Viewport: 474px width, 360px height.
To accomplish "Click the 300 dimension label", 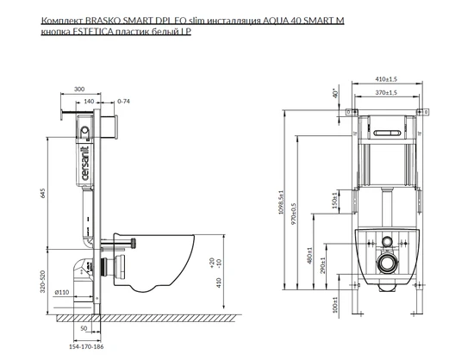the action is pyautogui.click(x=79, y=89).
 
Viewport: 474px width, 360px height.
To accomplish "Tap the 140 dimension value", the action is pyautogui.click(x=89, y=101).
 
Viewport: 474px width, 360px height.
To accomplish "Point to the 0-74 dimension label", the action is pyautogui.click(x=123, y=101).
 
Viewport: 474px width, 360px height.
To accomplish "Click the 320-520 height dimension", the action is pyautogui.click(x=42, y=282).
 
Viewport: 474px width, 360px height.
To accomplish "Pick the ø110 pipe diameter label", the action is pyautogui.click(x=62, y=292).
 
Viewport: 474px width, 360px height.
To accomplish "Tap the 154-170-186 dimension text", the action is pyautogui.click(x=86, y=347).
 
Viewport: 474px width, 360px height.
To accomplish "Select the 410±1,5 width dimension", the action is pyautogui.click(x=386, y=79).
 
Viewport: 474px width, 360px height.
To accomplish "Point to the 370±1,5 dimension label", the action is pyautogui.click(x=386, y=92).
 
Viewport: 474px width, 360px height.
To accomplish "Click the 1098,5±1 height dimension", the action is pyautogui.click(x=282, y=202).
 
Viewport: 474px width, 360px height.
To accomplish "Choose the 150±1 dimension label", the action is pyautogui.click(x=334, y=201).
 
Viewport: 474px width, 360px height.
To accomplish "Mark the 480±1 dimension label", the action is pyautogui.click(x=309, y=256).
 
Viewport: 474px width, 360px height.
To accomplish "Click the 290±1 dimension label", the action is pyautogui.click(x=322, y=265).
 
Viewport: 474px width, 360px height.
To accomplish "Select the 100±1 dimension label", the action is pyautogui.click(x=334, y=304).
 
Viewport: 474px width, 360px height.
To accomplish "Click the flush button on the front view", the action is pyautogui.click(x=388, y=133).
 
